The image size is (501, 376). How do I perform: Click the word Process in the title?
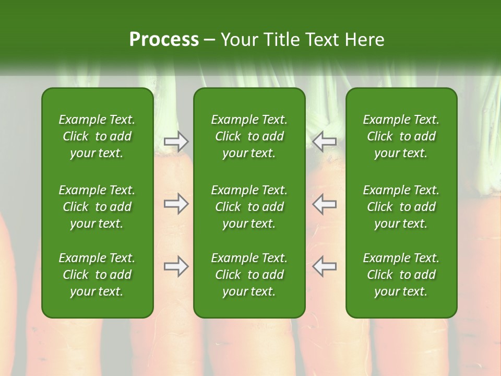coord(164,39)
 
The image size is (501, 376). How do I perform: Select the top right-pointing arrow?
coord(176,142)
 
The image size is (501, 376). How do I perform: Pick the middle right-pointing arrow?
coord(176,204)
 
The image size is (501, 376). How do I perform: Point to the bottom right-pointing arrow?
coord(176,267)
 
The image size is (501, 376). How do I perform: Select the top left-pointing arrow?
coord(325,142)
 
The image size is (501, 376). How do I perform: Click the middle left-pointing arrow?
coord(325,204)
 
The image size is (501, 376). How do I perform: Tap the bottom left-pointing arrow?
coord(325,267)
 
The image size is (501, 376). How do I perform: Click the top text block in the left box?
coord(97,136)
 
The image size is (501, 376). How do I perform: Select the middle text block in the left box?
coord(97,207)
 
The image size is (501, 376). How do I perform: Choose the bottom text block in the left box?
coord(97,275)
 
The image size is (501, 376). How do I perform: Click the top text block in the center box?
coord(249,136)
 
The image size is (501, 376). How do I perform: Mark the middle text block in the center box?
coord(249,207)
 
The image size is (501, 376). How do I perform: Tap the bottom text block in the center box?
coord(249,275)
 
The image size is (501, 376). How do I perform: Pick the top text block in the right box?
coord(401,136)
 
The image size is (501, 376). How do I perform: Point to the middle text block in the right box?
coord(401,207)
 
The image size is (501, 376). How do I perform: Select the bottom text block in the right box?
coord(401,275)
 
